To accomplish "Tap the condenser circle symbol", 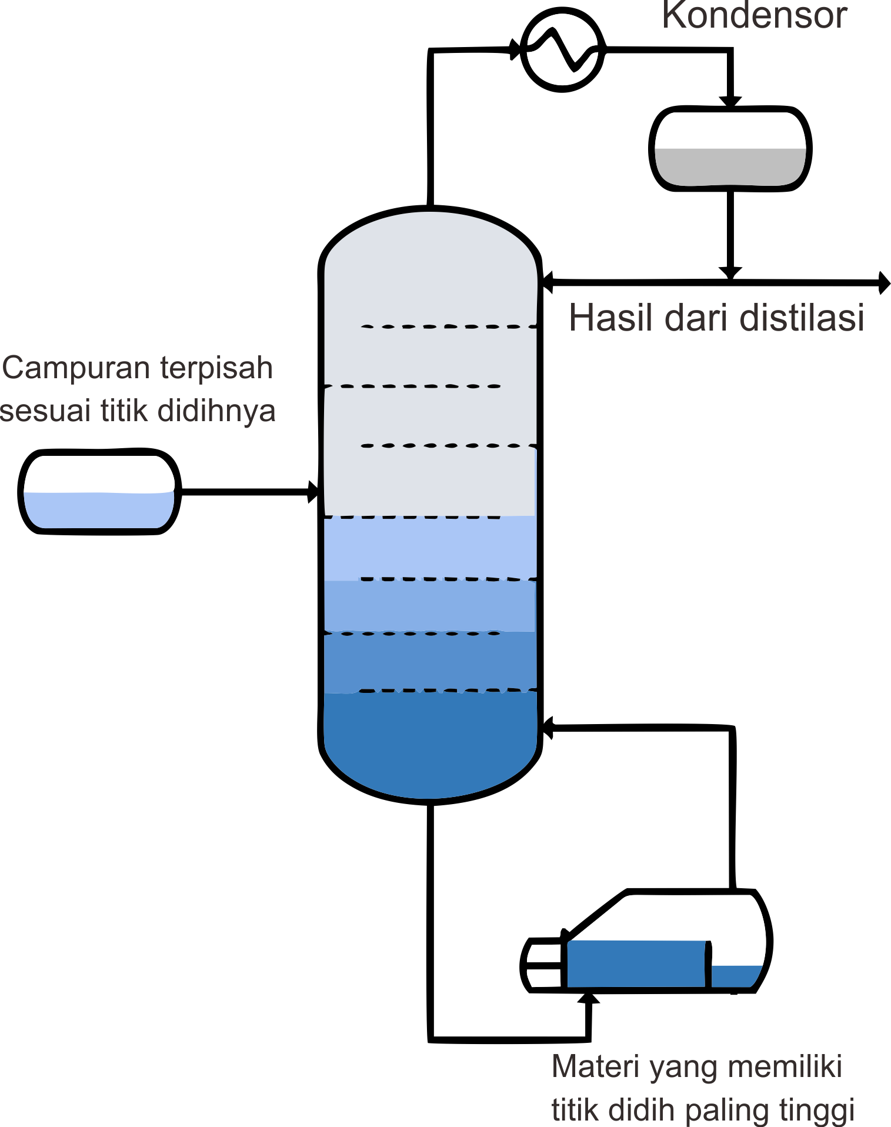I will [563, 49].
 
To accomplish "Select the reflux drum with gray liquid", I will [730, 149].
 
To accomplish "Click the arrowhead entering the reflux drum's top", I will [730, 101].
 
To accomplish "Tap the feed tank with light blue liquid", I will [99, 493].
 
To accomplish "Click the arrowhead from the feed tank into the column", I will [314, 492].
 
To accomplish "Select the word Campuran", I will [76, 368].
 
